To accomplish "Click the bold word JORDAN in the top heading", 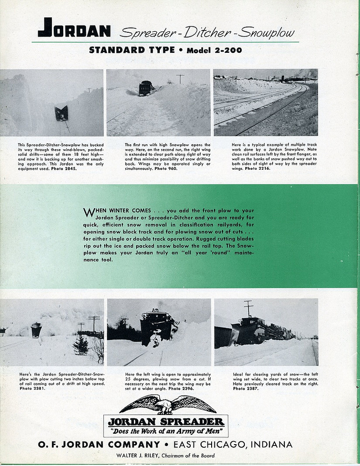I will coord(74,28).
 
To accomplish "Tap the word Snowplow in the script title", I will coord(267,33).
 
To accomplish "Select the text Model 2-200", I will coord(214,51).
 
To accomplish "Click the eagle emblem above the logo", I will coord(167,404).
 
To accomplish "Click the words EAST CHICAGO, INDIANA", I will coord(233,445).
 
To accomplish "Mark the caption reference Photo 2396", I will coord(181,388).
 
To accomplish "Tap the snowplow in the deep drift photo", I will coord(61,113).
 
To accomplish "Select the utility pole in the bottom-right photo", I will coord(248,308).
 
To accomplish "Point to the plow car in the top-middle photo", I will coord(146,88).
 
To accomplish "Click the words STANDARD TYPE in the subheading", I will coord(132,50).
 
